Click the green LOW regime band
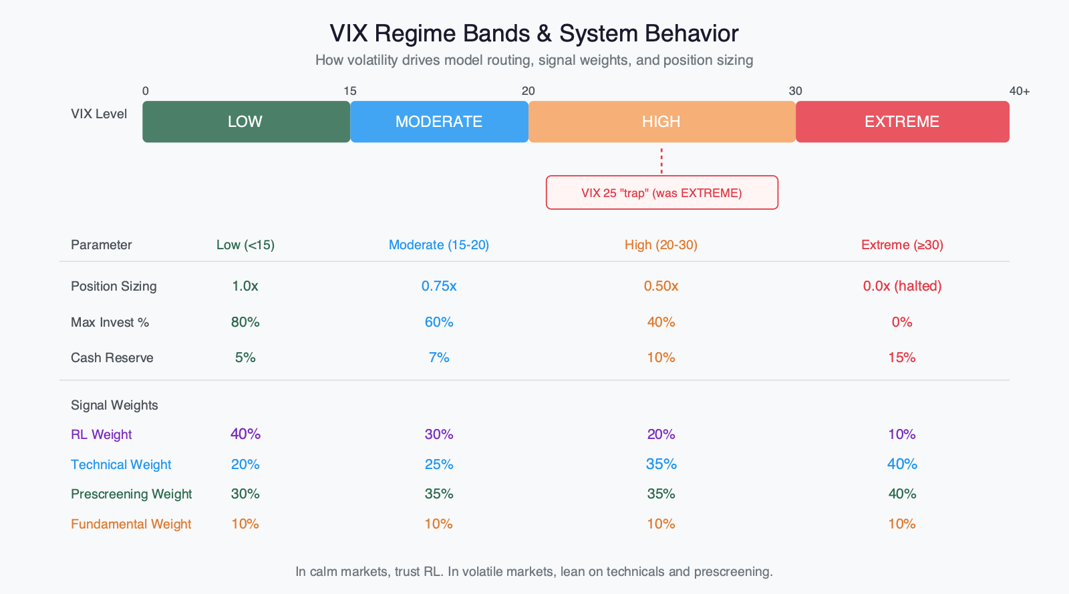[246, 122]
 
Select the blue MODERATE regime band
[439, 122]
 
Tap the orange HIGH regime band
[661, 122]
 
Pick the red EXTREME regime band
[902, 122]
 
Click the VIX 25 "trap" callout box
[661, 193]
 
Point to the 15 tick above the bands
[350, 91]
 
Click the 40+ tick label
[1019, 91]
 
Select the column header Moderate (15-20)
[439, 245]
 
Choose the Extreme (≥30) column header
[902, 245]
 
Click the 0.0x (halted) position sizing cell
[902, 286]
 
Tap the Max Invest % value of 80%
[245, 322]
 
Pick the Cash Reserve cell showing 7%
[439, 357]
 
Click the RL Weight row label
[102, 434]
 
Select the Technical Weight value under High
[661, 464]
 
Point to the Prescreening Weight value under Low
[245, 494]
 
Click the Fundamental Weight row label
[131, 524]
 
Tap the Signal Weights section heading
[114, 405]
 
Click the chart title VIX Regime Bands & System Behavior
[534, 33]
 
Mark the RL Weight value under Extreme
[902, 434]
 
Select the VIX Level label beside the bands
[99, 114]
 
